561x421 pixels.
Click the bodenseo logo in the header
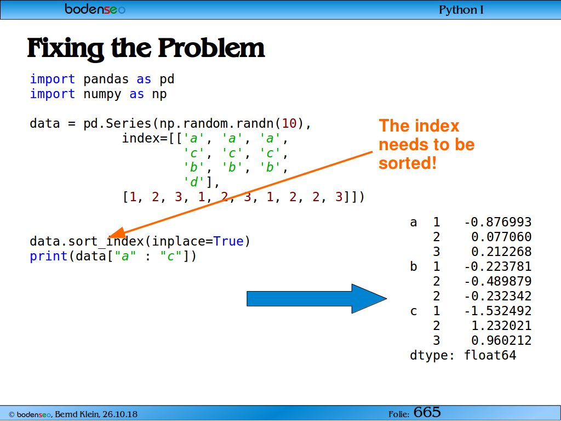95,9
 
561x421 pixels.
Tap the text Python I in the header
461,10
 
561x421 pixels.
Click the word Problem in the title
211,48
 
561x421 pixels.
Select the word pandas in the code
106,79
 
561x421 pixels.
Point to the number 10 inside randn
289,123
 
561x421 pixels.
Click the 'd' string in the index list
193,182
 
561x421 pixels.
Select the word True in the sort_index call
228,241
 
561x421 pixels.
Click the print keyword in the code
48,257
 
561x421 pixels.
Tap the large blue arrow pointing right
317,299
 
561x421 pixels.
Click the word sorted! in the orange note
408,163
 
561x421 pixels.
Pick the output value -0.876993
497,223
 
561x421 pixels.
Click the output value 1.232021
501,326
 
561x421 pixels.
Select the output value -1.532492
497,311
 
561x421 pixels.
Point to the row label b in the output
414,266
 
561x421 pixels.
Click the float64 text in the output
490,355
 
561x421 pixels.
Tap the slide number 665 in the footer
427,412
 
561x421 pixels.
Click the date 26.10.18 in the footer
120,414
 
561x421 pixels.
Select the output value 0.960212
501,340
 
